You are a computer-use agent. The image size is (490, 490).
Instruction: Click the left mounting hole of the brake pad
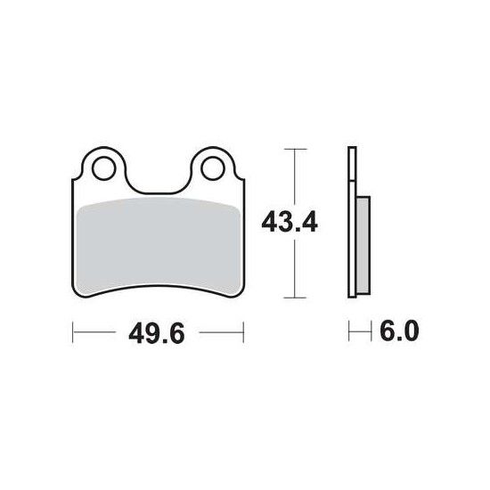104,168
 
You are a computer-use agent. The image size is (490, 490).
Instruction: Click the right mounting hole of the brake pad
213,168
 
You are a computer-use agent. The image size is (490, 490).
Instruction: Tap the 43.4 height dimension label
290,222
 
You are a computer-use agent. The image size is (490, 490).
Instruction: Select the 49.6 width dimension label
157,333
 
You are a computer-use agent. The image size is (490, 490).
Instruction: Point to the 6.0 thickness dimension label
399,331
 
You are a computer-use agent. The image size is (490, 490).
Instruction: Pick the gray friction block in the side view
363,245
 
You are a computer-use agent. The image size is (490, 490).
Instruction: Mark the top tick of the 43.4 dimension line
295,149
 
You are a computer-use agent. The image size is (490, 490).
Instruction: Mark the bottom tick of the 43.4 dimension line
295,298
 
